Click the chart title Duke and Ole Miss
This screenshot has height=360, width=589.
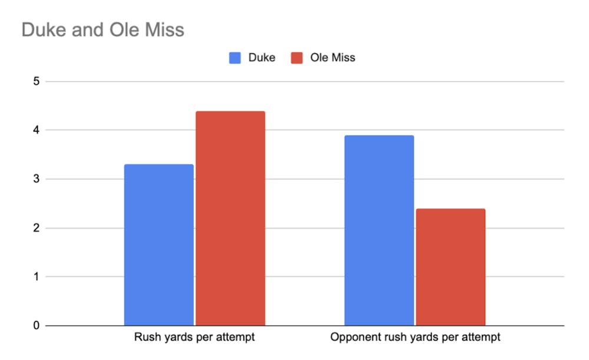coord(102,29)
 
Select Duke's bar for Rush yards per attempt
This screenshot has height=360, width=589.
coord(159,245)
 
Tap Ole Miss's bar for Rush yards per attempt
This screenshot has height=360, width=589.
coord(230,218)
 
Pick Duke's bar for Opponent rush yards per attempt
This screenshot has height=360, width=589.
coord(379,230)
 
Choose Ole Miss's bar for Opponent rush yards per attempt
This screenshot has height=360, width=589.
coord(451,267)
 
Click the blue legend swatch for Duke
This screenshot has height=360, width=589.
coord(236,58)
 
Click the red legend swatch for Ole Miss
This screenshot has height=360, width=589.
coord(297,58)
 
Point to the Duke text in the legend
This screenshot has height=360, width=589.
coord(262,58)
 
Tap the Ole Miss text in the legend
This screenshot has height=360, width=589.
coord(333,58)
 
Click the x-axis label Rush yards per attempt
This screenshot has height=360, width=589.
coord(194,338)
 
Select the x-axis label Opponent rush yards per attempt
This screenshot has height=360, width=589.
coord(415,338)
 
